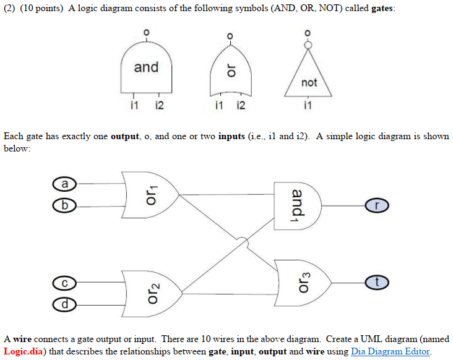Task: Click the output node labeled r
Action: [x=377, y=205]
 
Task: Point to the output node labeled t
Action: [x=377, y=282]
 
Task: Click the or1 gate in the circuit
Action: [x=149, y=194]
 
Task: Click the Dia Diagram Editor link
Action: [x=389, y=351]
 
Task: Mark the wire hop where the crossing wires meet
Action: [x=246, y=247]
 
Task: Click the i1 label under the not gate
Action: [x=308, y=106]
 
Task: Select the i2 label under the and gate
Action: [x=158, y=106]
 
